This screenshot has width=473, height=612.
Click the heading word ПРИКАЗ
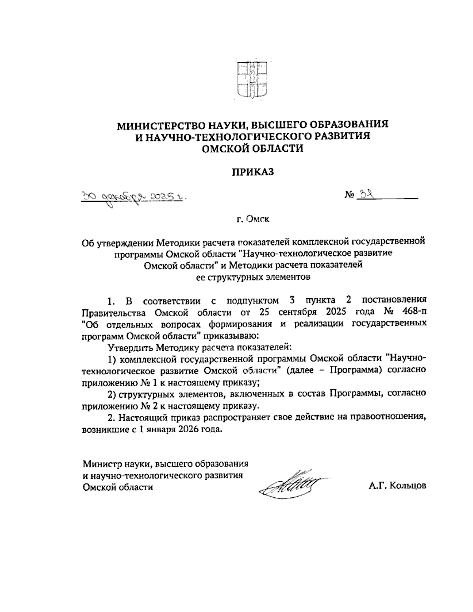pyautogui.click(x=252, y=172)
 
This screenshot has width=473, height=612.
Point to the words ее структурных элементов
pyautogui.click(x=253, y=277)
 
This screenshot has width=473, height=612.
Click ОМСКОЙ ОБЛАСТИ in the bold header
pyautogui.click(x=252, y=149)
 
